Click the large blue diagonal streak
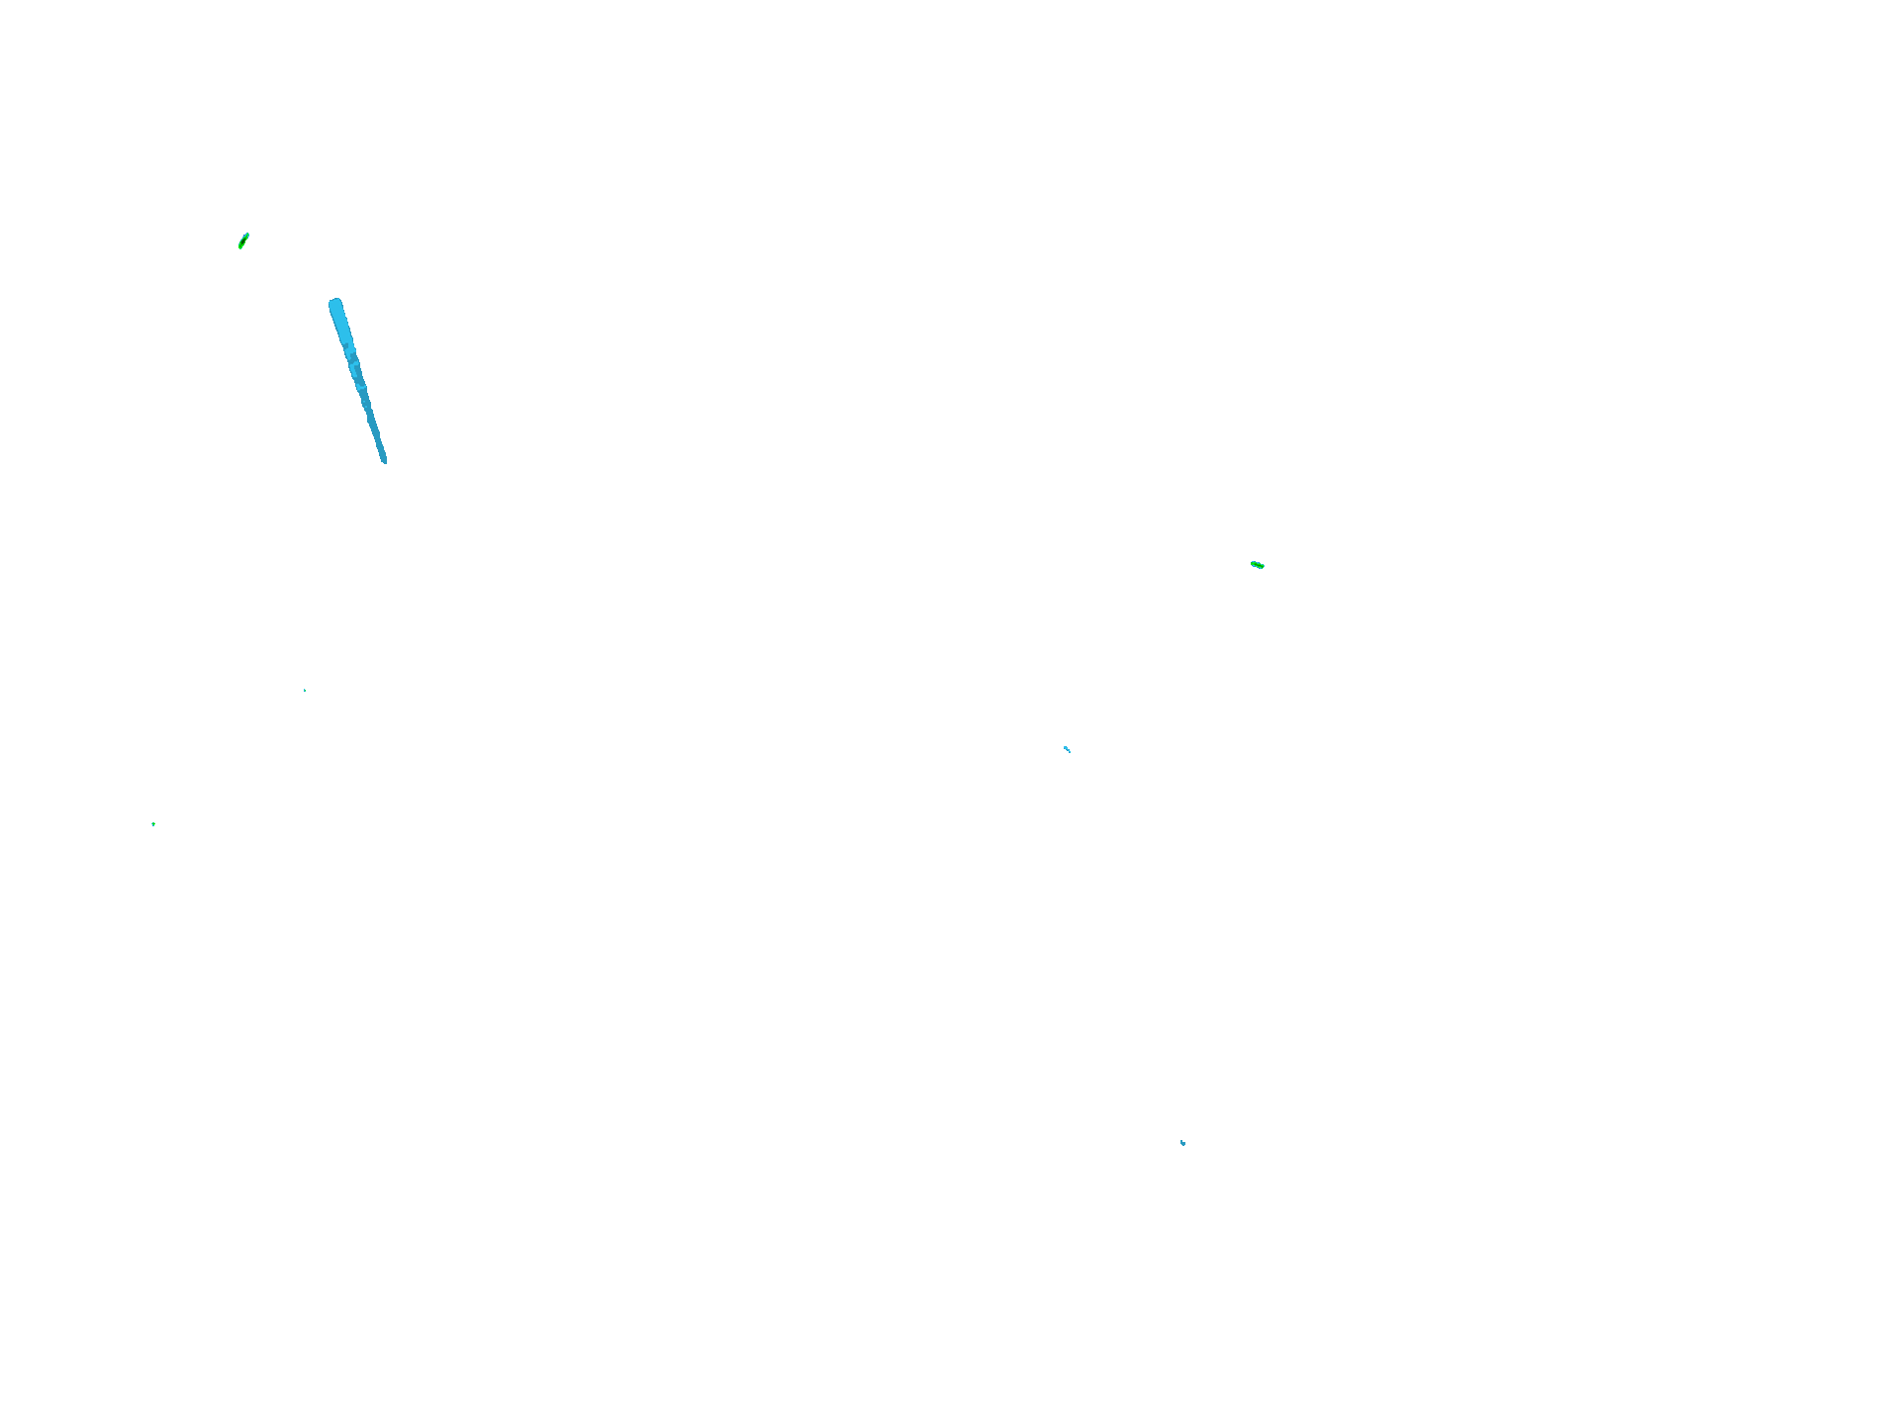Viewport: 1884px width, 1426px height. tap(356, 377)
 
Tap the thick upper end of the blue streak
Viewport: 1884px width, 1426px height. tap(336, 307)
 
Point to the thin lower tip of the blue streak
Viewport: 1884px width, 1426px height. tap(384, 459)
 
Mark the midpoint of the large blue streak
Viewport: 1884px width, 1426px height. tap(357, 380)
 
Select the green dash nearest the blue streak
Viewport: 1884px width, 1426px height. tap(243, 240)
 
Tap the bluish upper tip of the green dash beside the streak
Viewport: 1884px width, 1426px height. tap(246, 236)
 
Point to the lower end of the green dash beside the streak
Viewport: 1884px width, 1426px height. tap(240, 246)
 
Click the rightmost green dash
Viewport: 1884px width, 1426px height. tap(1258, 565)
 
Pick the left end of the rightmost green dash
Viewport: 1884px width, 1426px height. tap(1253, 563)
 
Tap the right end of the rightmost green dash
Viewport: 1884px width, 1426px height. tap(1263, 567)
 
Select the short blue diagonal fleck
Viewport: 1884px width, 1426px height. tap(1067, 749)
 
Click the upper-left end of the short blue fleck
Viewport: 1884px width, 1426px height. tap(1065, 747)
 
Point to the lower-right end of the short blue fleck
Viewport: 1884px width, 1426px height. tap(1070, 752)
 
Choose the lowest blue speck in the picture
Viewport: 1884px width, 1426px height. tap(1182, 1143)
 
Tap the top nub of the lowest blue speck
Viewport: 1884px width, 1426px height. tap(1181, 1141)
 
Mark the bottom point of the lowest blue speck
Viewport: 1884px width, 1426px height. tap(1183, 1145)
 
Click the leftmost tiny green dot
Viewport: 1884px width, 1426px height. tap(153, 824)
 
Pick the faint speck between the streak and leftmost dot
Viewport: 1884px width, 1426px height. tap(305, 690)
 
